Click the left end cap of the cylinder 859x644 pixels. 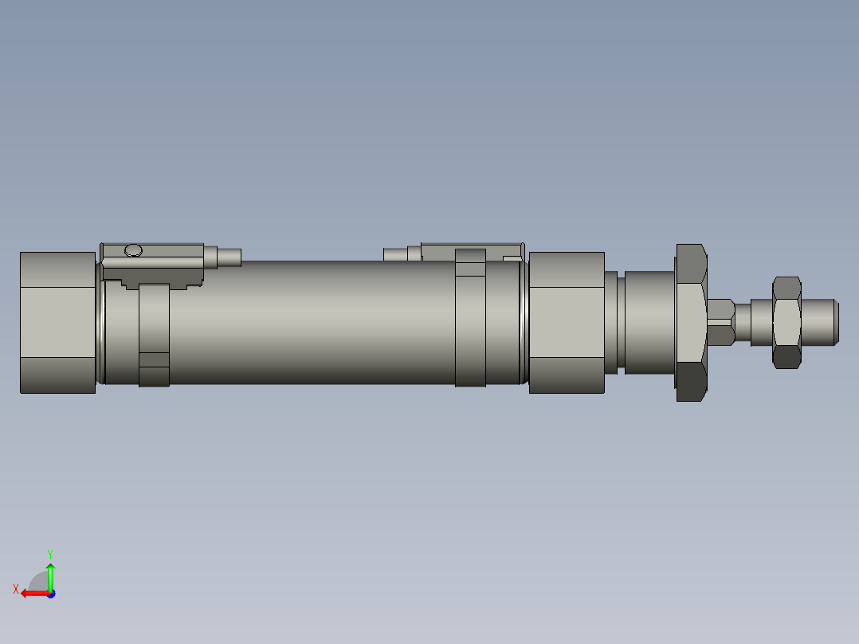57,322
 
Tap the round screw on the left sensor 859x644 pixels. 134,251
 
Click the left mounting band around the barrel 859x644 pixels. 154,335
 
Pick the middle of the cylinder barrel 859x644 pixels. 311,323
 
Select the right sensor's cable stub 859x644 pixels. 395,255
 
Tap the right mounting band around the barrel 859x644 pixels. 470,319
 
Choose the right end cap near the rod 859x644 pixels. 567,322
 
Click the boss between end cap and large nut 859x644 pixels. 649,322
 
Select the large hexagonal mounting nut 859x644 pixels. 691,322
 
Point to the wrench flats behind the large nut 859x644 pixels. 720,322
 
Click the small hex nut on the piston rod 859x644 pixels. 786,322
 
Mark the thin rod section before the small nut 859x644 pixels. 743,322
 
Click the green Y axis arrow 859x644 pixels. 50,575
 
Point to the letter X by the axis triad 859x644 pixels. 16,589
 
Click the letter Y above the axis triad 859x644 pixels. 50,553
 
